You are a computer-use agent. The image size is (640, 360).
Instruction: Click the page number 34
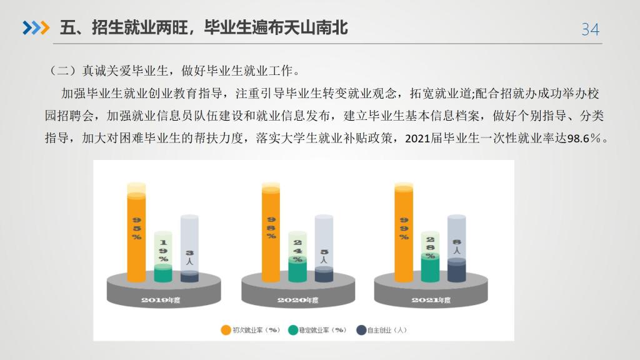click(590, 29)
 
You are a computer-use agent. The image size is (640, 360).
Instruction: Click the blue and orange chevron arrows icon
click(36, 27)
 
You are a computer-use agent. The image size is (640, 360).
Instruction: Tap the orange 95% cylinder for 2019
click(136, 232)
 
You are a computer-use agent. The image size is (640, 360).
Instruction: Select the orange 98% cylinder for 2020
click(271, 232)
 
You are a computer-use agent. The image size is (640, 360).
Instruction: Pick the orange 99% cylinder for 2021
click(404, 232)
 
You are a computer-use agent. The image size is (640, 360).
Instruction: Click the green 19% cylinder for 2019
click(163, 257)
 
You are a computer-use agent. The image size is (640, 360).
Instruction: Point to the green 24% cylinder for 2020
click(297, 257)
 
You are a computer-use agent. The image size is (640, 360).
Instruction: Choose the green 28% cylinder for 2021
click(430, 257)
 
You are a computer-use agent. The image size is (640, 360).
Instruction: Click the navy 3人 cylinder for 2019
click(189, 248)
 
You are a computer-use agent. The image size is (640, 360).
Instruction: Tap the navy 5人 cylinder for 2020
click(324, 248)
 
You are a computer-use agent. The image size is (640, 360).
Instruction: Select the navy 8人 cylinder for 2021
click(457, 248)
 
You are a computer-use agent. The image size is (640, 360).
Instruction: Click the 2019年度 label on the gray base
click(161, 300)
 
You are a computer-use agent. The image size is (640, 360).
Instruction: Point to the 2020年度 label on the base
click(297, 300)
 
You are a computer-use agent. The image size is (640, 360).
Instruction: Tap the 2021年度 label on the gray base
click(431, 300)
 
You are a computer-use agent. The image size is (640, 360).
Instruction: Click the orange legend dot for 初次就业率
click(226, 330)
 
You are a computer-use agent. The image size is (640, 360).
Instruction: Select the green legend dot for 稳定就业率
click(293, 330)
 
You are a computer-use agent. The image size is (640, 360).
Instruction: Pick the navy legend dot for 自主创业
click(361, 330)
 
